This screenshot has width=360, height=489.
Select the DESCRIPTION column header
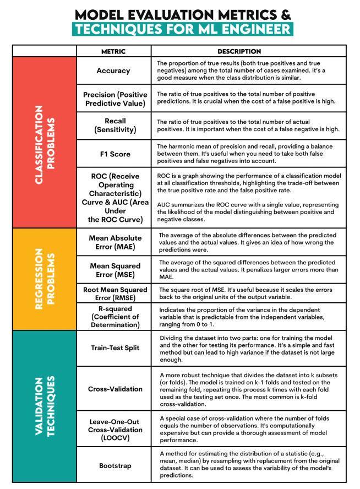pyautogui.click(x=239, y=51)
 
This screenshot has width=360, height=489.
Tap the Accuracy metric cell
pyautogui.click(x=113, y=70)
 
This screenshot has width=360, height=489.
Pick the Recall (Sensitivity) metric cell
pyautogui.click(x=113, y=125)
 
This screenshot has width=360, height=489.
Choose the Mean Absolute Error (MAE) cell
pyautogui.click(x=113, y=242)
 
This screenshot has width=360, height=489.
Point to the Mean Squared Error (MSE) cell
pyautogui.click(x=113, y=270)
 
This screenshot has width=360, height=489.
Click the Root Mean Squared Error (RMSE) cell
pyautogui.click(x=113, y=294)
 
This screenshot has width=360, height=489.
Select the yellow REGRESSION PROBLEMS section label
pyautogui.click(x=44, y=279)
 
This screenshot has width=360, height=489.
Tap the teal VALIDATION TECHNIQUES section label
pyautogui.click(x=44, y=406)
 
